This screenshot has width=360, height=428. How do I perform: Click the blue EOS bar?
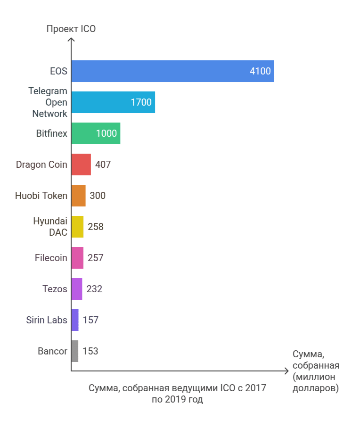coord(172,71)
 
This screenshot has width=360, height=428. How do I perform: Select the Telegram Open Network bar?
coord(113,102)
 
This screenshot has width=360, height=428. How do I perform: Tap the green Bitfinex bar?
coord(96,133)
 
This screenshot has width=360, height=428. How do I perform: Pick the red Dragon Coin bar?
coord(81,165)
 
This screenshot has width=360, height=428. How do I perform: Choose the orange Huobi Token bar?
coord(78,196)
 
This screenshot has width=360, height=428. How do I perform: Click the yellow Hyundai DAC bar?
coord(77,227)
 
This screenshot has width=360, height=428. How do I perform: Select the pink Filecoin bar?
coord(77,258)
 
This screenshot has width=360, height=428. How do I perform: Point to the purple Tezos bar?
coord(77,289)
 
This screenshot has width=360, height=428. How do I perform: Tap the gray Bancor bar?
coord(75,351)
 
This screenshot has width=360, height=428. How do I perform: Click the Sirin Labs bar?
coord(75,320)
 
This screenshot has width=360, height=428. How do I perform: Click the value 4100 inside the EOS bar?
coord(260,72)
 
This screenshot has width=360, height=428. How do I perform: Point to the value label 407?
coord(103,165)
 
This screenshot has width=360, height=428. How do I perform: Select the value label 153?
coord(90,351)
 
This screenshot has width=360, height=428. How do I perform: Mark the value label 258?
coord(95,227)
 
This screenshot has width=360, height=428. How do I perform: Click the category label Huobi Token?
coord(41,196)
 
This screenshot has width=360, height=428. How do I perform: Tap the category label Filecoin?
coord(51,258)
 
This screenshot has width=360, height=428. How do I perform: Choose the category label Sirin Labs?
coord(47,320)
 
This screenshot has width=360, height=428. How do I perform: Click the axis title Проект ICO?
coord(71,29)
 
